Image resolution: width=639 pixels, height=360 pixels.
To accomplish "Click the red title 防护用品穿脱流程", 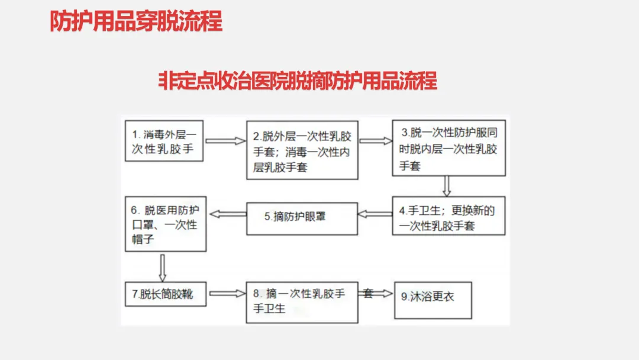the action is pos(136,21).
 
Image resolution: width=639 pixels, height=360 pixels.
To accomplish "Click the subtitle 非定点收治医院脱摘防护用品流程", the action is pos(298,81).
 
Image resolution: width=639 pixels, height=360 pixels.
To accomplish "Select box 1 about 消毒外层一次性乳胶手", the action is pos(164,141).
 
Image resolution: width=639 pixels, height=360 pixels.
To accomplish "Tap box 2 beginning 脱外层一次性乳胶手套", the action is pos(302,150).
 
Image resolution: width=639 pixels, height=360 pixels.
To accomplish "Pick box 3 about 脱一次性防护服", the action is pos(448,148).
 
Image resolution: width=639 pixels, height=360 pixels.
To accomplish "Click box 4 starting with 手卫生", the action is pos(448,216).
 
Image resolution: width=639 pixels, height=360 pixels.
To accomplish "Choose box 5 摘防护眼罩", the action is pos(302,218).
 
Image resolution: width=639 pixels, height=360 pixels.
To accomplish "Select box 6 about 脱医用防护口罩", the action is pos(166,224).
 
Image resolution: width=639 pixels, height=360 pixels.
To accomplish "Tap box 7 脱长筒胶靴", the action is pos(166,294).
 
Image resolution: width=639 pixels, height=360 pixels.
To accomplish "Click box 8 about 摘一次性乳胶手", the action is pos(302,303).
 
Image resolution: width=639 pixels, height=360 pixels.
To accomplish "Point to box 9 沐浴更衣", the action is pos(433,300).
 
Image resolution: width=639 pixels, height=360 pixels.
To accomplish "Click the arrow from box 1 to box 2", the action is pos(225,141).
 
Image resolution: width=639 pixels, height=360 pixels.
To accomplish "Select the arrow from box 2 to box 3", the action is pos(375,141).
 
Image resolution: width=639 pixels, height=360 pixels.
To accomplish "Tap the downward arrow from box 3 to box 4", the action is pos(447,187).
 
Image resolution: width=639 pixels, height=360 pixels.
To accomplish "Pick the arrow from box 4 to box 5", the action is pos(375,214).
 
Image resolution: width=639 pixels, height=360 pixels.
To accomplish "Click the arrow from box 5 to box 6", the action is pos(228,214).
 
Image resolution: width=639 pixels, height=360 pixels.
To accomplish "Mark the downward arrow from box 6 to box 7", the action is pos(163,268).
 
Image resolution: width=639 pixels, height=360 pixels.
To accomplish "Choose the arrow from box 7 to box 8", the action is pos(227,294).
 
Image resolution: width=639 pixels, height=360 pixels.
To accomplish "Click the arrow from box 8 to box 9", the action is pos(376,294).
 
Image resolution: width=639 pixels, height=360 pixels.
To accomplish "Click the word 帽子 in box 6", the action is pos(143,239).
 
